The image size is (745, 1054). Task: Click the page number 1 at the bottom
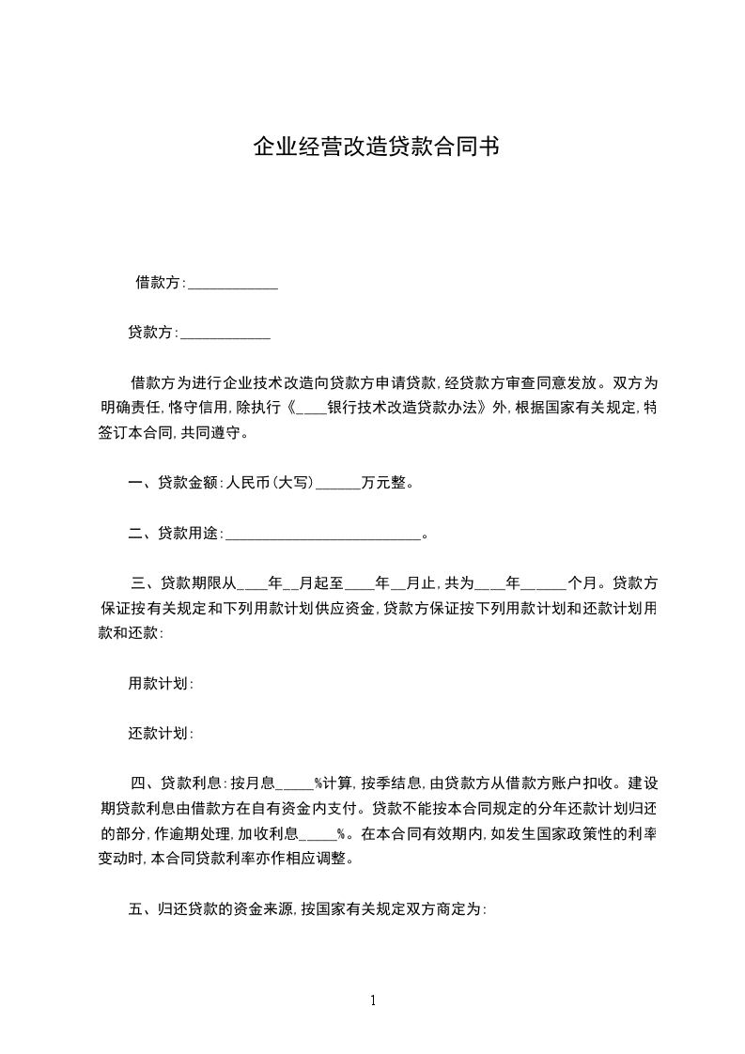(373, 1000)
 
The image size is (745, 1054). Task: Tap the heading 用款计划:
(161, 684)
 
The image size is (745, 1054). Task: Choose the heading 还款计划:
(161, 734)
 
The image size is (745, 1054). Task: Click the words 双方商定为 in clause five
(443, 908)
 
